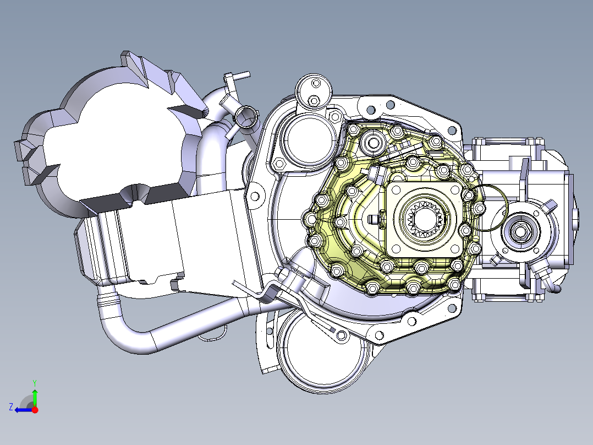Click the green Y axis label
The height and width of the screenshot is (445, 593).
click(x=35, y=383)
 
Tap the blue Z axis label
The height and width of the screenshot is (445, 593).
click(x=11, y=407)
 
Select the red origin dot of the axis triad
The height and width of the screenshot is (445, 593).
click(x=35, y=410)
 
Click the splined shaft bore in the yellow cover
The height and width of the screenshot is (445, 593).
click(x=424, y=219)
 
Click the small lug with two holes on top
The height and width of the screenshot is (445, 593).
click(x=314, y=91)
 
